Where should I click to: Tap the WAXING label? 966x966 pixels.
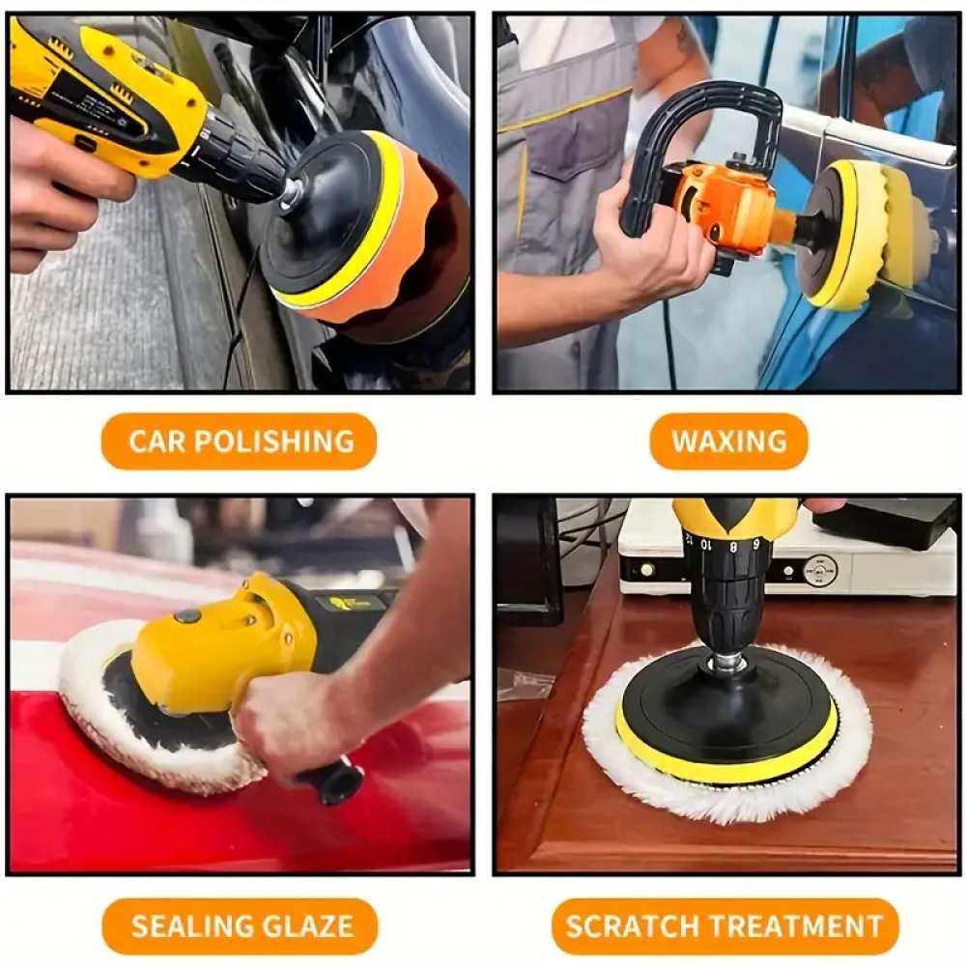tap(728, 441)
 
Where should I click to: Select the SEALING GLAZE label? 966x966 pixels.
tap(241, 926)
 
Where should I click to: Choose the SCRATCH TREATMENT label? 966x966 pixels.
tap(724, 926)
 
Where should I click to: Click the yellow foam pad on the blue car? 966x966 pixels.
tap(869, 237)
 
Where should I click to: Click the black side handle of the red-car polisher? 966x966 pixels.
tap(333, 779)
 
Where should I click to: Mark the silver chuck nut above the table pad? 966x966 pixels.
tap(726, 664)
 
